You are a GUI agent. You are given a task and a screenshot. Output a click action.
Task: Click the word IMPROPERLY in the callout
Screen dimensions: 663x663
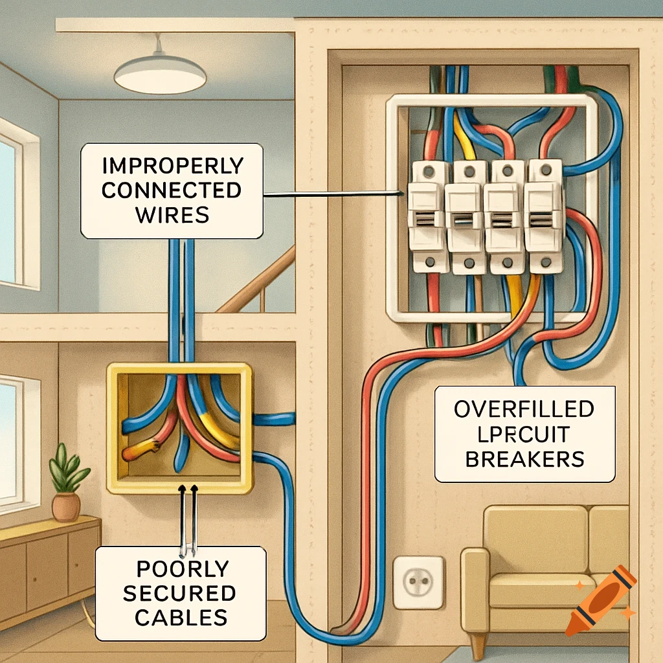(172, 165)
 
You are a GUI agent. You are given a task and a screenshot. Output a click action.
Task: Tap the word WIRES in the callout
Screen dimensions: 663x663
(172, 213)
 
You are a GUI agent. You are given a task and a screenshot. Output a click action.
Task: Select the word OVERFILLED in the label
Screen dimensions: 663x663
(524, 409)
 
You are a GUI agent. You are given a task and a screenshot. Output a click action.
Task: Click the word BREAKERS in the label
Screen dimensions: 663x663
(524, 458)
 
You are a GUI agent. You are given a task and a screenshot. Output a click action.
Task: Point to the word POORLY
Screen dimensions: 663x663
(182, 569)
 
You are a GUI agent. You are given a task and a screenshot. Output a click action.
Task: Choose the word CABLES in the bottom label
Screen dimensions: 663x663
(182, 616)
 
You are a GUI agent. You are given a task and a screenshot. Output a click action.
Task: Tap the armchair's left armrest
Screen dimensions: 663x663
(475, 586)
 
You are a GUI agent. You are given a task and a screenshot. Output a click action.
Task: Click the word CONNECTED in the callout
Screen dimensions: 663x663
(172, 190)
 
